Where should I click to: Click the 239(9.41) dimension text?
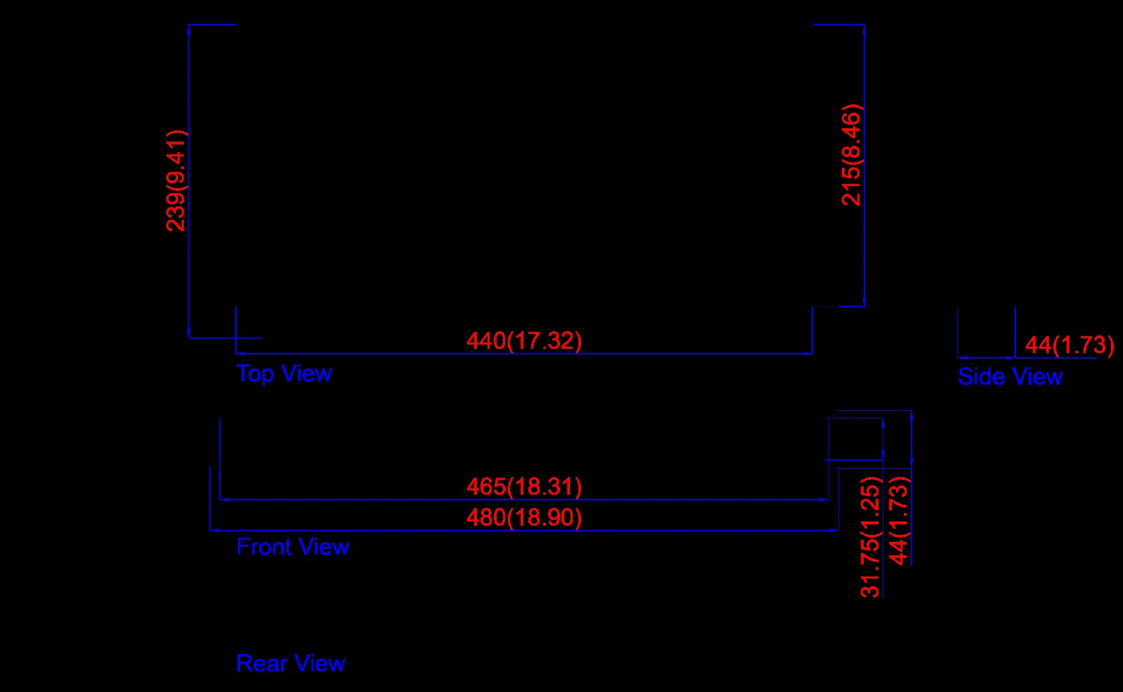tap(176, 180)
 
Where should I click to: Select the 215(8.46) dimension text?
tap(852, 155)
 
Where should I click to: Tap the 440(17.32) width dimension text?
tap(524, 341)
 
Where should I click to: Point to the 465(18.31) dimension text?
tap(524, 487)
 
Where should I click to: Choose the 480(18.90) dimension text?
tap(524, 517)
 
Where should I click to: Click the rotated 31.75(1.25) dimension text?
tap(871, 537)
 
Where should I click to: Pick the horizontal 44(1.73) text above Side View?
tap(1069, 345)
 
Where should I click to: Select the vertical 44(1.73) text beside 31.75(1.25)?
tap(900, 521)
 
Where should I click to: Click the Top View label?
tap(284, 373)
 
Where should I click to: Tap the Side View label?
tap(1010, 376)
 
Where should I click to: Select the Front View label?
tap(293, 547)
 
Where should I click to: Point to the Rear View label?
tap(291, 663)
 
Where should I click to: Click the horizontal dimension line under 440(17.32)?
tap(524, 354)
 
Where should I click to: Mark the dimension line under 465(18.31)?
tap(524, 500)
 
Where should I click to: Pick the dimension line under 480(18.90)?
tap(524, 530)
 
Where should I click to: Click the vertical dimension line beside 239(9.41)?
tap(189, 181)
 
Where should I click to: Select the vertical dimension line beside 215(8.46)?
tap(864, 166)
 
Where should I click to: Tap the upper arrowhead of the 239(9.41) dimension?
tap(189, 30)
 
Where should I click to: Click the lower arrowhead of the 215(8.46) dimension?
tap(864, 301)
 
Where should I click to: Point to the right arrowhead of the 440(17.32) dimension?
tap(807, 354)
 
